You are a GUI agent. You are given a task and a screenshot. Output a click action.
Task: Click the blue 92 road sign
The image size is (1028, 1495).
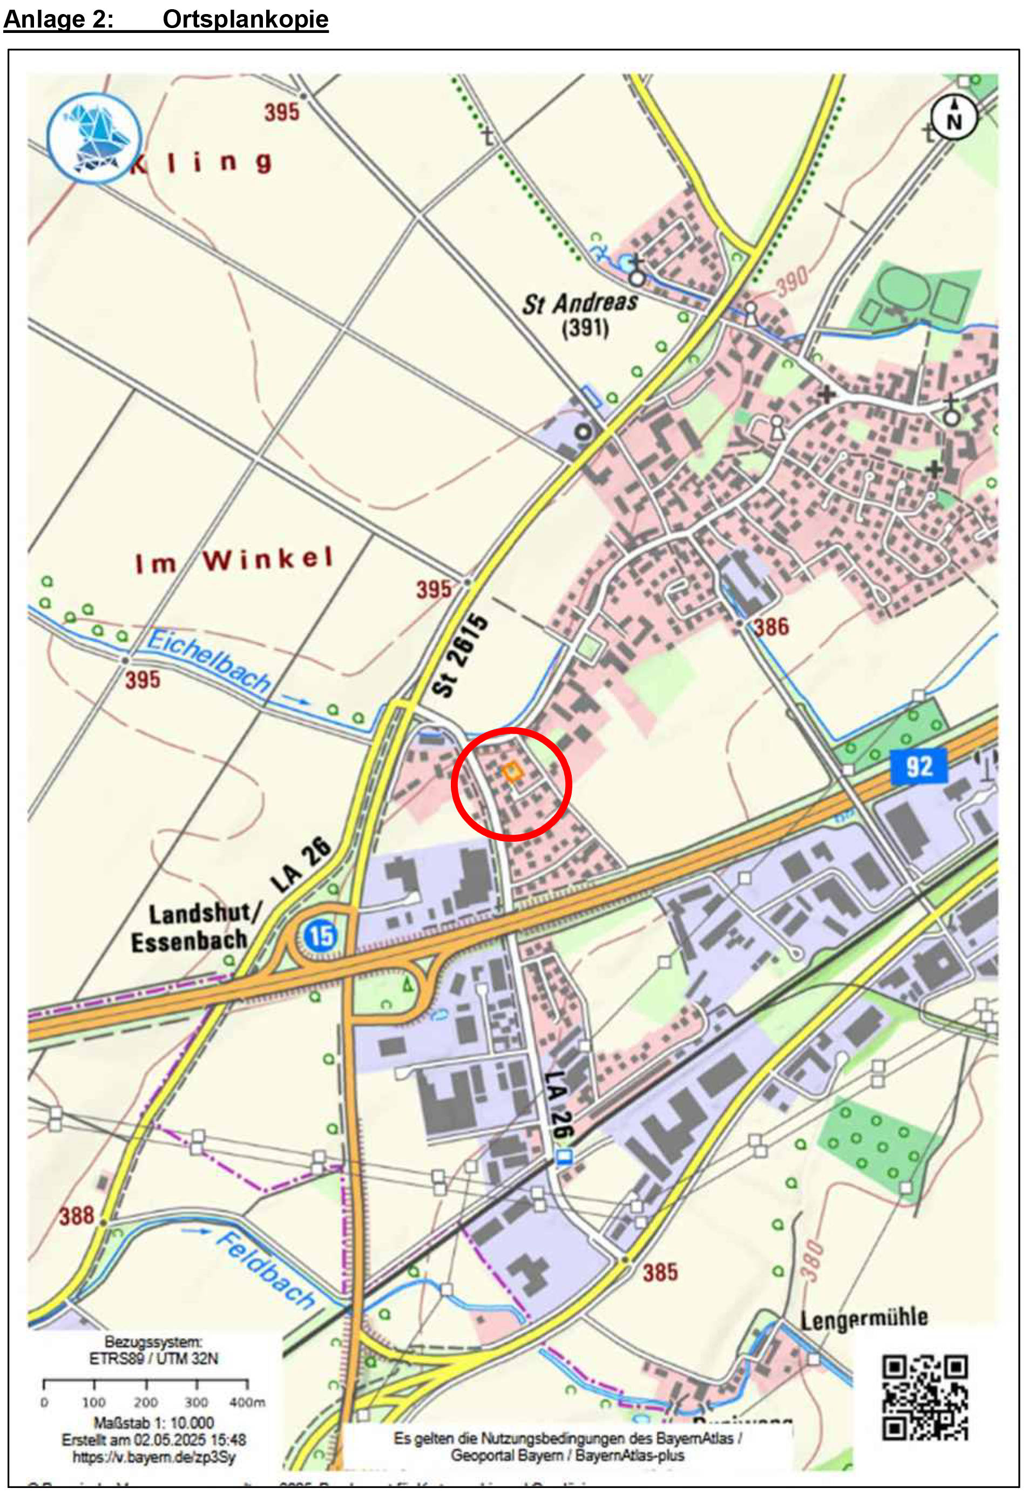coord(918,766)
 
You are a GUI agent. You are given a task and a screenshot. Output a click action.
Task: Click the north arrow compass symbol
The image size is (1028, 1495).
coord(953,118)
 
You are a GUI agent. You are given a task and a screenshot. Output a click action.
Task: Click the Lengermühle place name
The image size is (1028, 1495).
coord(864,1318)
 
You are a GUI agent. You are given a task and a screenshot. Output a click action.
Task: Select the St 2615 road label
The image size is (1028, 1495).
coord(460,655)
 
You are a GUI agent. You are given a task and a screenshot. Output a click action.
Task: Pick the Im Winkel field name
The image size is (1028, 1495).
coord(234,560)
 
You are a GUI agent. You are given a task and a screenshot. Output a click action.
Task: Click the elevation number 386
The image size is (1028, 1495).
coord(770,627)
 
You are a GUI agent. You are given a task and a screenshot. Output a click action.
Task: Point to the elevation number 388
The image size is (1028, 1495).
coord(77,1215)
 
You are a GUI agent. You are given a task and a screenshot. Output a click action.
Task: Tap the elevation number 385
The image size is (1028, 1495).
coord(660,1272)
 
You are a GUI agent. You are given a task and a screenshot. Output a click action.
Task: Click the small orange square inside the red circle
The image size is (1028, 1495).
coord(512,771)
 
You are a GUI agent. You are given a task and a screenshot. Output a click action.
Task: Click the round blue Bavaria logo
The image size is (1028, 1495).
coord(94,137)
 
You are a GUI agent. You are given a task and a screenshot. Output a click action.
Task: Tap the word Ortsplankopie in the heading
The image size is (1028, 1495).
coord(246,19)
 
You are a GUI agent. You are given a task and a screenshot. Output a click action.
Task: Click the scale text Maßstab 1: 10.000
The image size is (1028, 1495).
coord(154,1422)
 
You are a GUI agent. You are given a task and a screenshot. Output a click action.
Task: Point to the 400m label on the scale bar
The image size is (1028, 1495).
coord(247,1402)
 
